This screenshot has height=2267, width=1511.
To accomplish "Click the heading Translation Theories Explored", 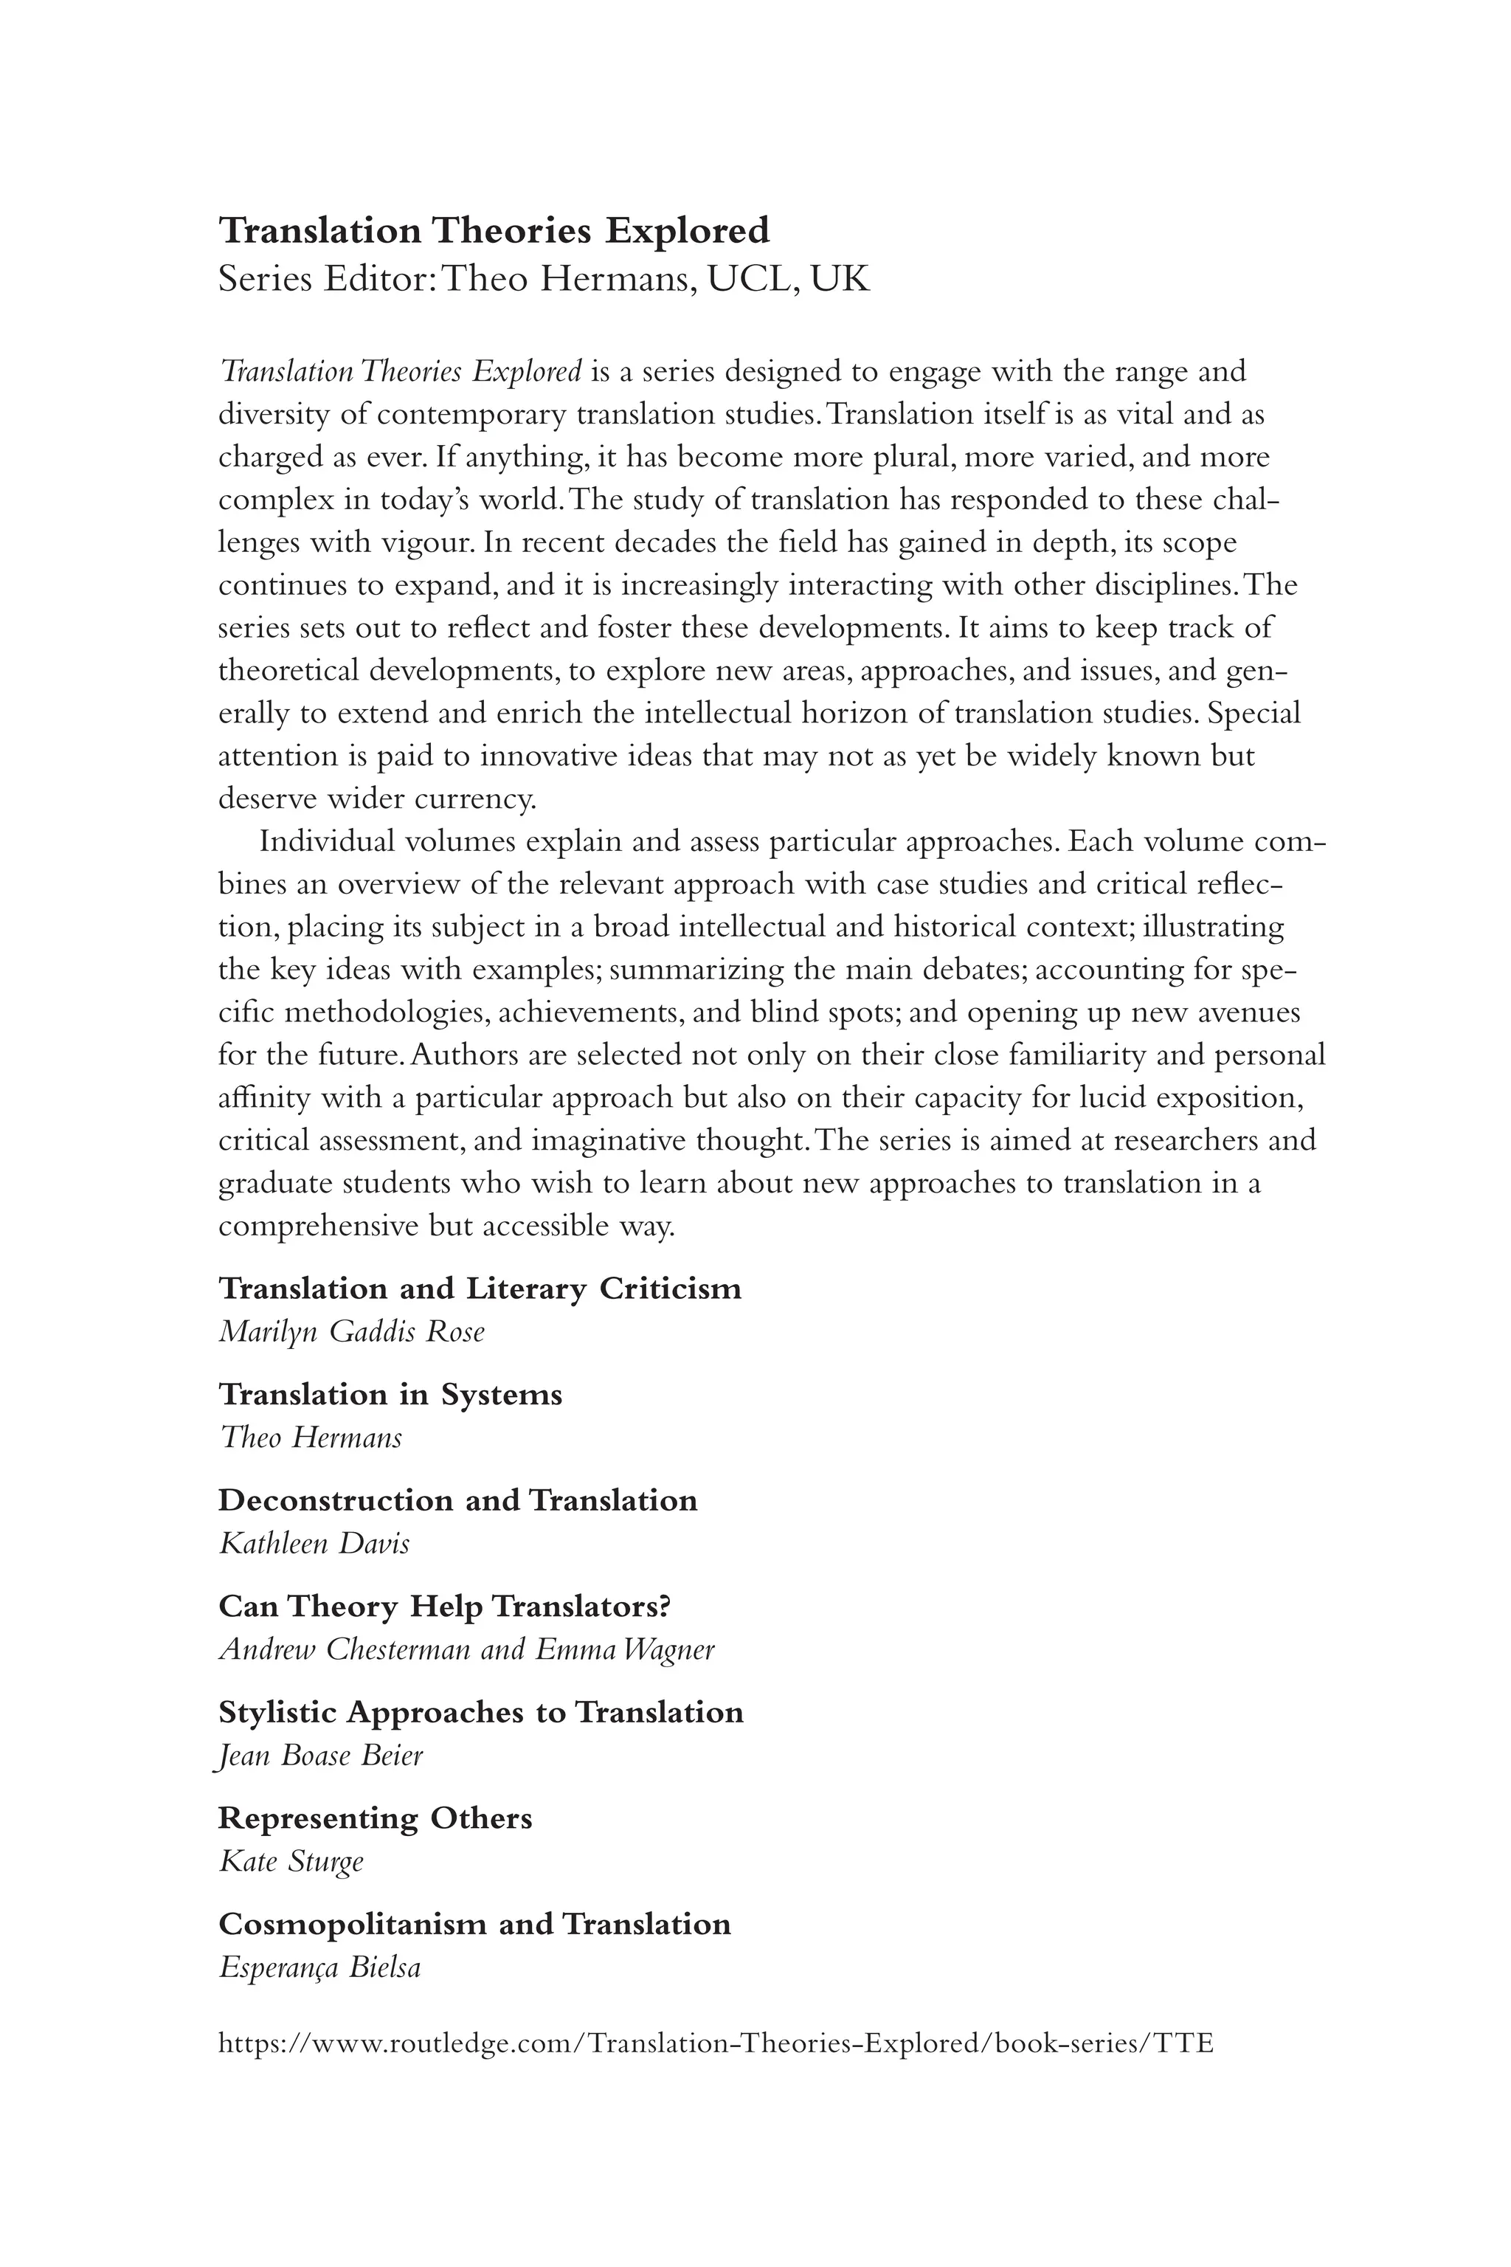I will [x=494, y=231].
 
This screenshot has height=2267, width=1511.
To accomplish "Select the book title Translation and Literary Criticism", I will [x=480, y=1288].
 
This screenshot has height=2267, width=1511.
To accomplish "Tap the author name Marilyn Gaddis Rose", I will [x=352, y=1332].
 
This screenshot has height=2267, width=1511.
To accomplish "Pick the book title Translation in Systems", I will [x=390, y=1395].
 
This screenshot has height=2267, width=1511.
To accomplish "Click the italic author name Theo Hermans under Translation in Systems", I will [x=311, y=1438].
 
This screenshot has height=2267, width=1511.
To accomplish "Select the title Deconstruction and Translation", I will [x=457, y=1501].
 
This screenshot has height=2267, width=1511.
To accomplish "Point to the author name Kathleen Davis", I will [x=314, y=1544].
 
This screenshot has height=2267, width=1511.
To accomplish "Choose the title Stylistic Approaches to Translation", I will [x=481, y=1713].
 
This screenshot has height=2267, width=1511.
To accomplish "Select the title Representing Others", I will [x=375, y=1819].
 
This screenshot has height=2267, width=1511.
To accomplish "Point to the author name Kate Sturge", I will [x=291, y=1862].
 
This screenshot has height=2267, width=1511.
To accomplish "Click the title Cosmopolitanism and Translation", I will [x=474, y=1925].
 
